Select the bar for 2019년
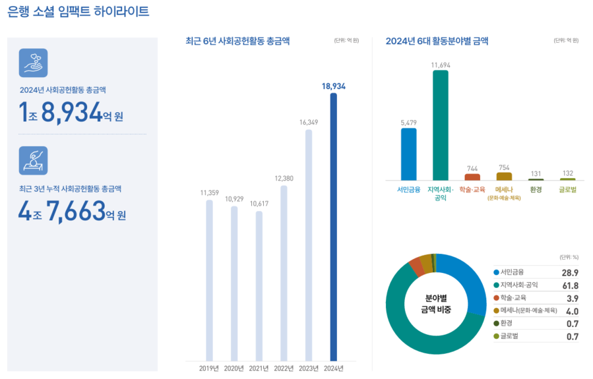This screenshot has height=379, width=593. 209,279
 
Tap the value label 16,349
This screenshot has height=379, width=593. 308,122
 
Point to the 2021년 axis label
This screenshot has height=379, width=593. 259,368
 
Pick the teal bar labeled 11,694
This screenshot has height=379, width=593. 440,125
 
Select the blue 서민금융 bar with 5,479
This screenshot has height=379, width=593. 408,154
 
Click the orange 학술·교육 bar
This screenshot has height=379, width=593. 472,177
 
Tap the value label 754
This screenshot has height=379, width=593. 504,167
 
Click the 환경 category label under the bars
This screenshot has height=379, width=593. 536,190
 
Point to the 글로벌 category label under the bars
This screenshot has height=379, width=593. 567,190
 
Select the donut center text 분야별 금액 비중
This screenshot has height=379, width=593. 436,303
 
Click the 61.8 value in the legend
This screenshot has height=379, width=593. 570,285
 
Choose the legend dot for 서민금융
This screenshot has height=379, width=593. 496,272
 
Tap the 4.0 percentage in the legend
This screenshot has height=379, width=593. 571,311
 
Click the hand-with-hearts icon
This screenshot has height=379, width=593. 33,63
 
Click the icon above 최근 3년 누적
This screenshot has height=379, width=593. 33,160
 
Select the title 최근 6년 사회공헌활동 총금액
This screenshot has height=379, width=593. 238,42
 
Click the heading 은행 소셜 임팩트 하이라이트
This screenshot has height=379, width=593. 78,12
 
